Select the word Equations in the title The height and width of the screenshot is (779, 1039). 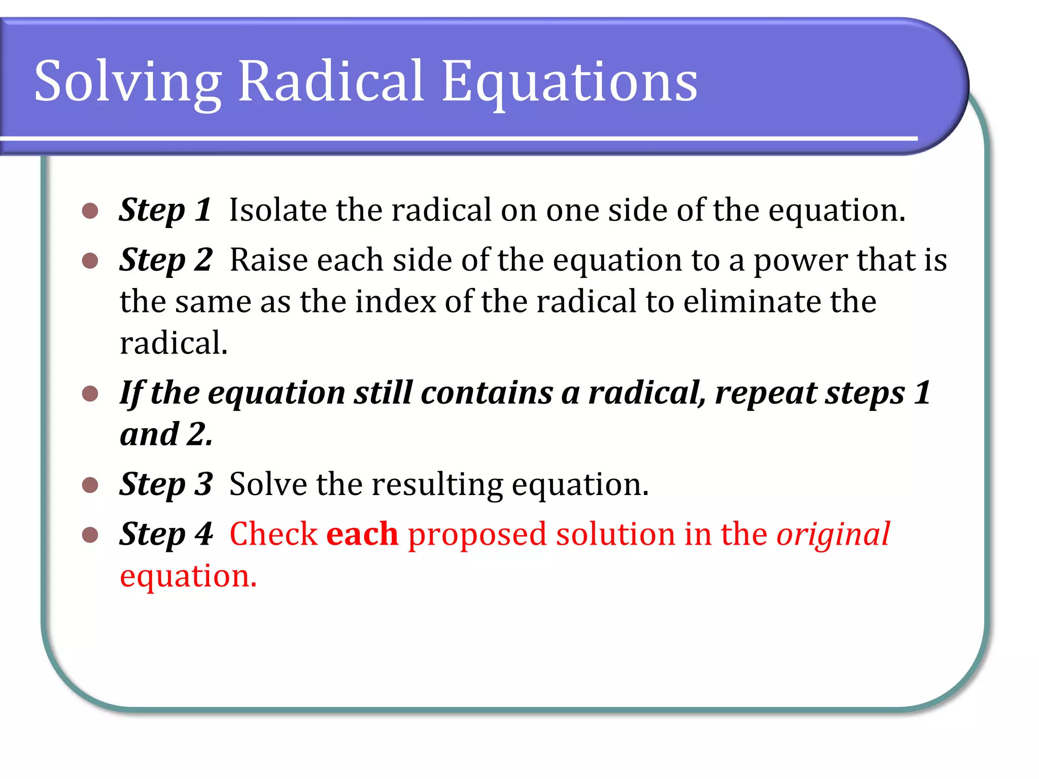tap(569, 81)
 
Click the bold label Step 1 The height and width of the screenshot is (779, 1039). tap(165, 210)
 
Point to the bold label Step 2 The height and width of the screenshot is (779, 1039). tap(166, 260)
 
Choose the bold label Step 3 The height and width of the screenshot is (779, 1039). tap(166, 484)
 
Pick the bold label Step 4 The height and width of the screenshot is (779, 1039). tap(166, 534)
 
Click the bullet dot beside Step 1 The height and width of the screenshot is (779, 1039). tap(90, 211)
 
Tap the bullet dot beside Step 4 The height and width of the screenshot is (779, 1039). tap(90, 535)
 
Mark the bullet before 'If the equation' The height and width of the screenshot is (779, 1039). tap(90, 394)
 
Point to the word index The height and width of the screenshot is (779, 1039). tap(395, 302)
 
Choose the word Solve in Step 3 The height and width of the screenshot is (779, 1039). tap(268, 484)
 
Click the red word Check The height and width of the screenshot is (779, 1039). tap(273, 534)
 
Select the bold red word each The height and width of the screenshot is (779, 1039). tap(362, 534)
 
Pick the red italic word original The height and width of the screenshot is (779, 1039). tap(833, 535)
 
